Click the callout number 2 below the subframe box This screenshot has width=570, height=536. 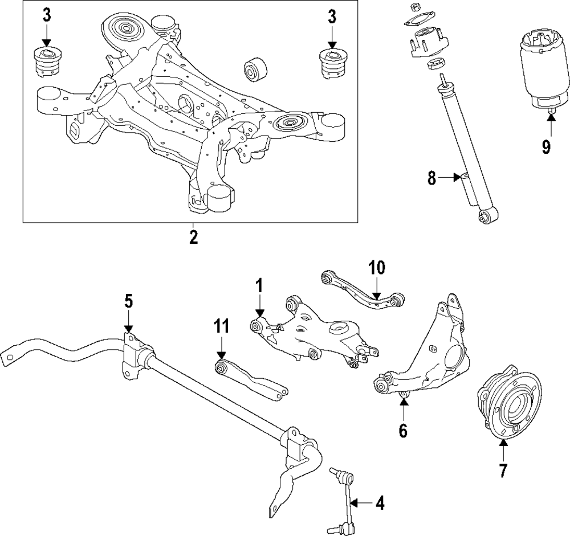pyautogui.click(x=193, y=237)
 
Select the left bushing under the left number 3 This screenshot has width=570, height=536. pyautogui.click(x=46, y=62)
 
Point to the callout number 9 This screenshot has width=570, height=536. pyautogui.click(x=546, y=147)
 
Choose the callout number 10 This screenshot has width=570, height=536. pyautogui.click(x=377, y=267)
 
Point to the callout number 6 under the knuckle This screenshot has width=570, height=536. pyautogui.click(x=403, y=430)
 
